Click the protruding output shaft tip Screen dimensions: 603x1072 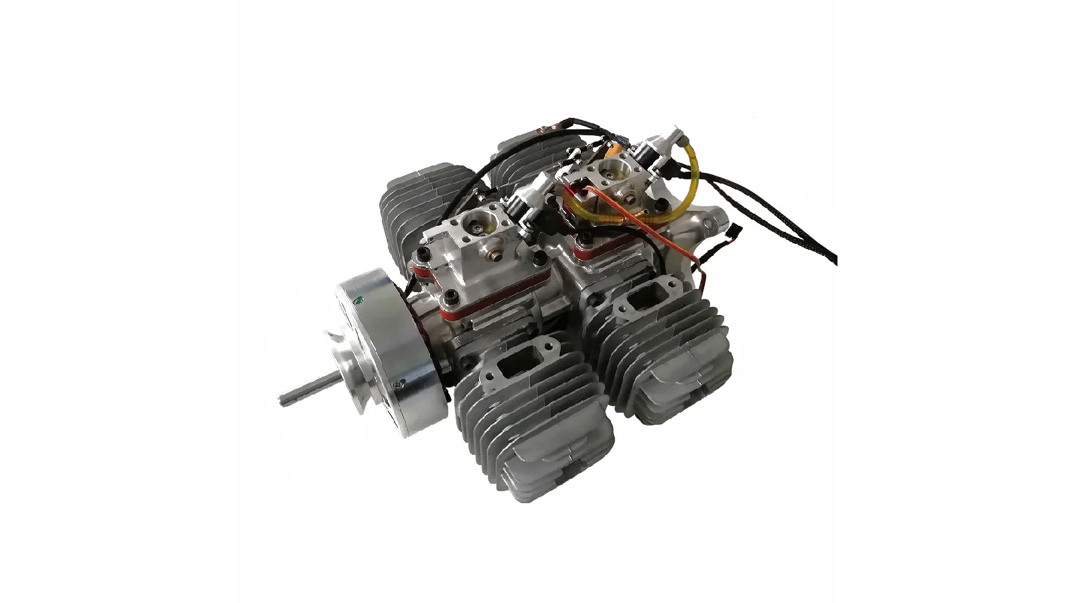pyautogui.click(x=285, y=399)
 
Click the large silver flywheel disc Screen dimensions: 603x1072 pyautogui.click(x=382, y=355)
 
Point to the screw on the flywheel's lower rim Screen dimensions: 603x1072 pyautogui.click(x=400, y=385)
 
